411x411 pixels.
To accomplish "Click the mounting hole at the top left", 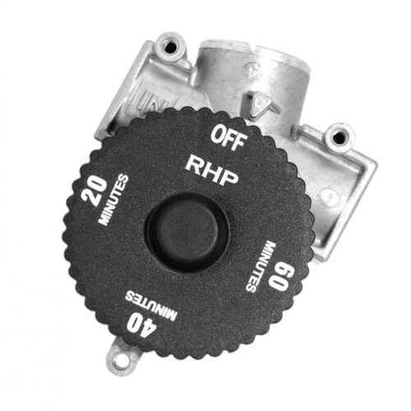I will (173, 48).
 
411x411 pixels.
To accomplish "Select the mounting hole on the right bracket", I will (336, 135).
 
